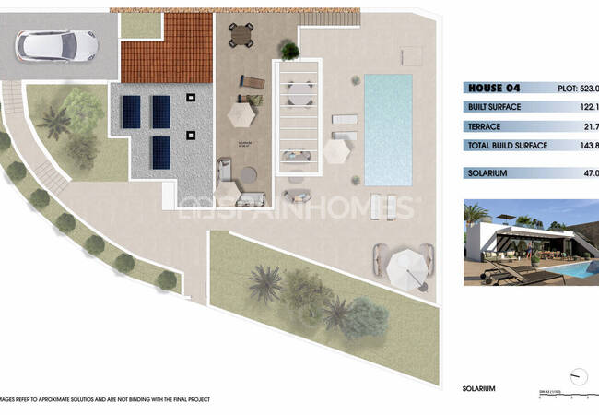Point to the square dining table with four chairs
pos(241,34)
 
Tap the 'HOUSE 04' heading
pos(493,89)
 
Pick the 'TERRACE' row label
pos(486,126)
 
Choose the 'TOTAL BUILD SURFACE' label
pos(508,146)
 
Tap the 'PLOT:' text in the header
pos(570,89)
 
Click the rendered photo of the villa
pos(530,242)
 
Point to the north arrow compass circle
pos(579,377)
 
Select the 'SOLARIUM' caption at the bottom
pos(478,388)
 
